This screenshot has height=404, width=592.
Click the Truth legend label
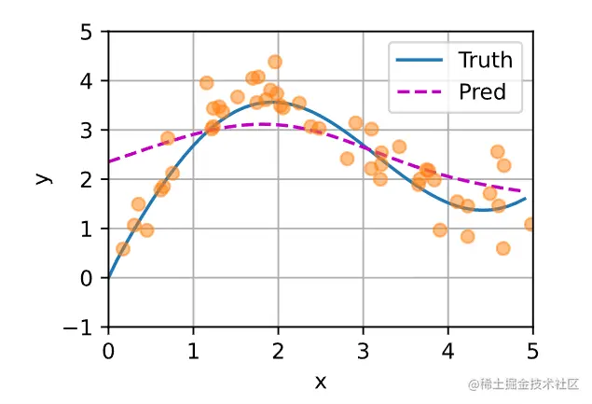pyautogui.click(x=485, y=61)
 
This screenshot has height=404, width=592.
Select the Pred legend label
pyautogui.click(x=482, y=91)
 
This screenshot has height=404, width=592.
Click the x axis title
pyautogui.click(x=321, y=381)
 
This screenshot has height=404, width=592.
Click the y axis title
pyautogui.click(x=43, y=178)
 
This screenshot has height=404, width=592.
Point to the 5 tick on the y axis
pyautogui.click(x=89, y=32)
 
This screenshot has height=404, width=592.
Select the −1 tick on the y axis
pyautogui.click(x=84, y=327)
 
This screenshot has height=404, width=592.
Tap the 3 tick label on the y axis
pyautogui.click(x=89, y=131)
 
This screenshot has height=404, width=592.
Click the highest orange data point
pyautogui.click(x=275, y=63)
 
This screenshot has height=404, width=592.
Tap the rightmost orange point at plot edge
pyautogui.click(x=531, y=224)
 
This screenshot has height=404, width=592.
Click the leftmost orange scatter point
pyautogui.click(x=123, y=248)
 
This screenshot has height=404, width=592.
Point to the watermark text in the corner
pyautogui.click(x=524, y=383)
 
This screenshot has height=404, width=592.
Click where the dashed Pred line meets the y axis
pyautogui.click(x=109, y=161)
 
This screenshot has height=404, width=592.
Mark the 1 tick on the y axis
pyautogui.click(x=89, y=229)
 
